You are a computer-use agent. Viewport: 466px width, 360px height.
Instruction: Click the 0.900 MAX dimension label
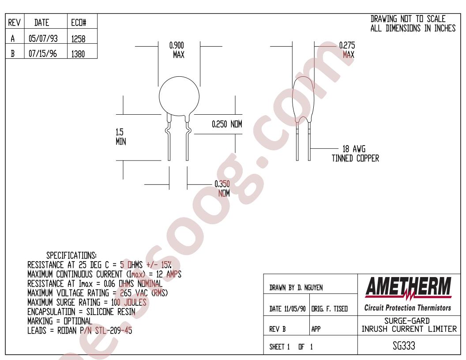(177, 50)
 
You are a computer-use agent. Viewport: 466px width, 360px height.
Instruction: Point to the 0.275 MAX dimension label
(347, 50)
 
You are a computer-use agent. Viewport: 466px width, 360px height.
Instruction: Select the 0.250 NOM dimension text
(227, 124)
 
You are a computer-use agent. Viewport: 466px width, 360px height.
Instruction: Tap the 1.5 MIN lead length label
(120, 137)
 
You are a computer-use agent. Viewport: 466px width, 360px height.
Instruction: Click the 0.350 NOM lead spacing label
(222, 189)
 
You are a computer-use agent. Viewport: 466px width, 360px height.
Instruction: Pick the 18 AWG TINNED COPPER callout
(355, 154)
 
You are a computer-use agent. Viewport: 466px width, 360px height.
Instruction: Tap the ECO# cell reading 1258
(78, 39)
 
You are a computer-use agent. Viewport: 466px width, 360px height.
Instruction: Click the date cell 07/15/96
(43, 54)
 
